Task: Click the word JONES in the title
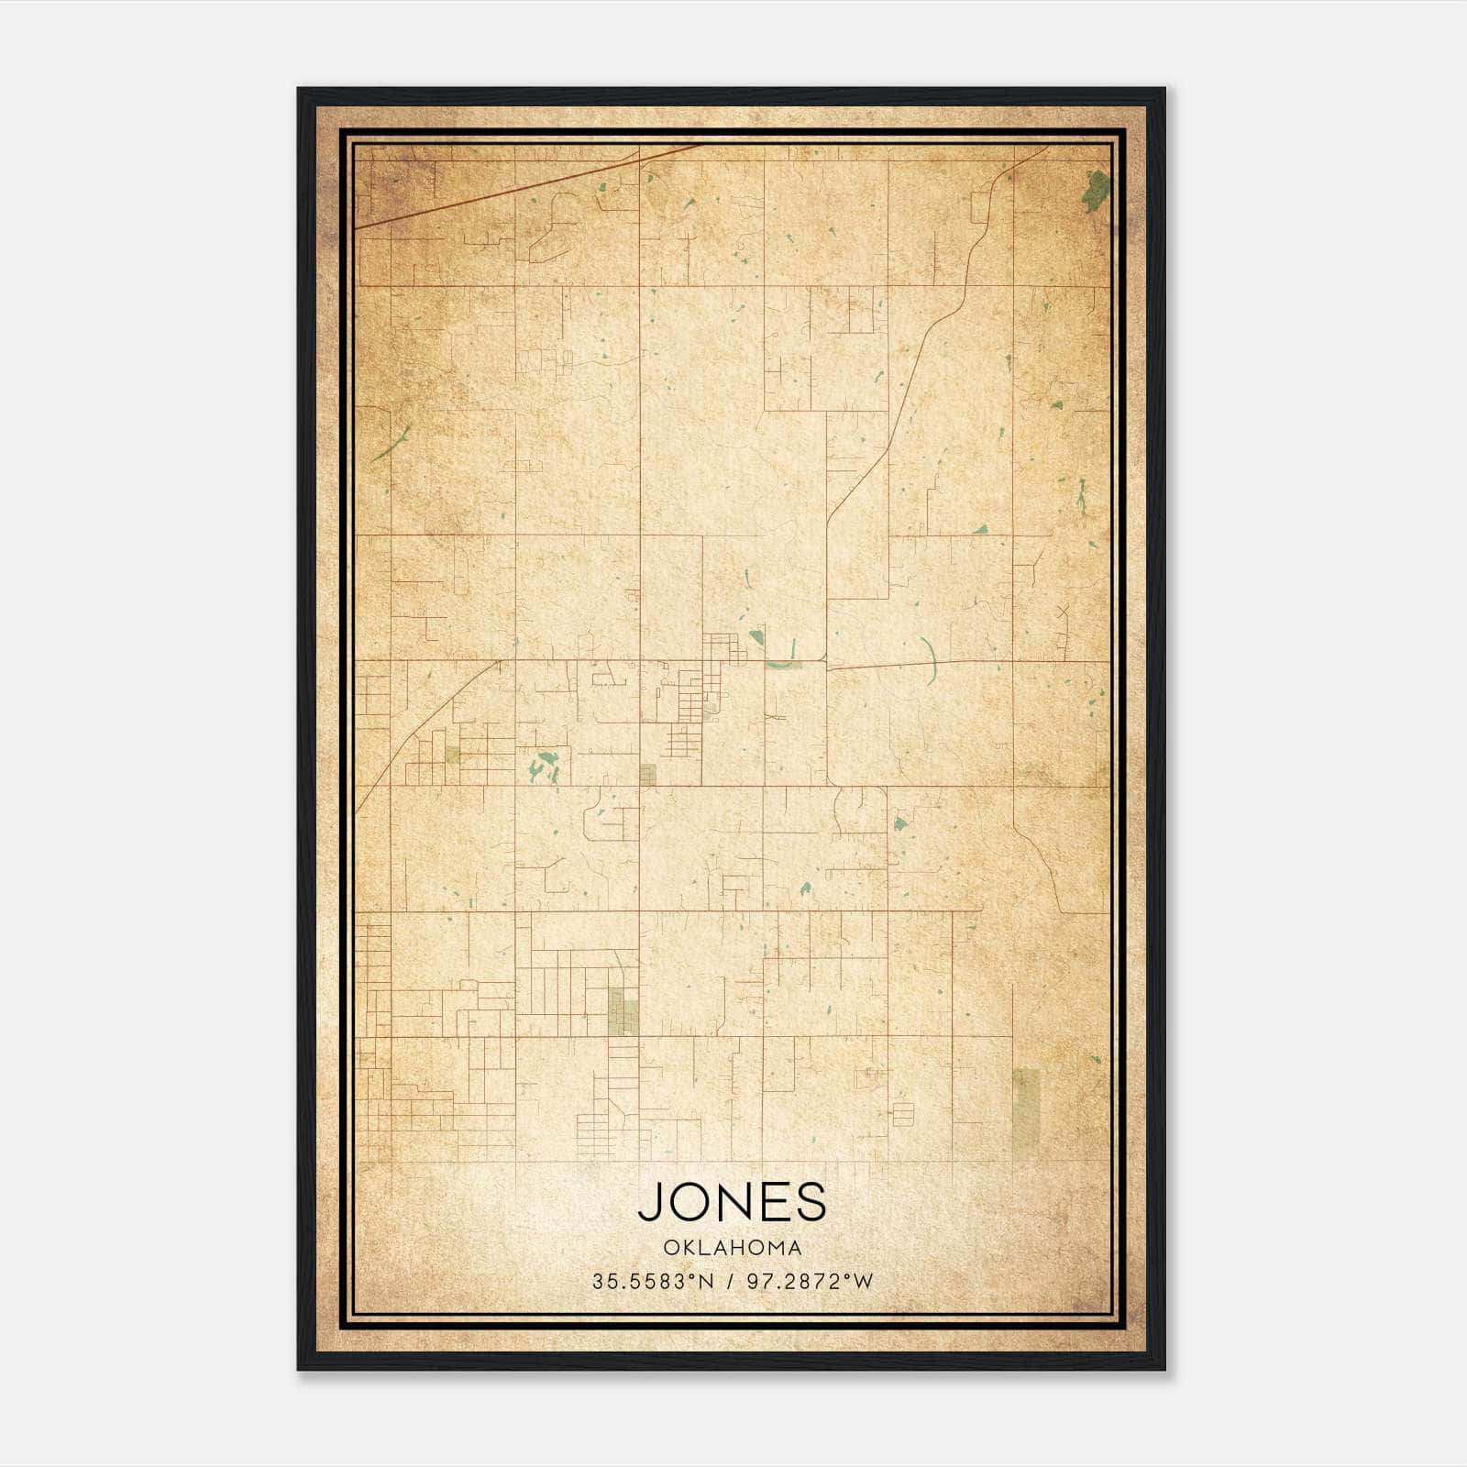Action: click(732, 1201)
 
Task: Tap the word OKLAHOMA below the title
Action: click(733, 1248)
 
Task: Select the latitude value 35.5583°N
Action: click(652, 1282)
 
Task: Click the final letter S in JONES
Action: click(811, 1201)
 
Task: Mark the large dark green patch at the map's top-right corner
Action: click(1095, 190)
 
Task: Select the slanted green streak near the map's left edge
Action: click(391, 445)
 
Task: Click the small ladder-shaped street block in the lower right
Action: click(903, 1114)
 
